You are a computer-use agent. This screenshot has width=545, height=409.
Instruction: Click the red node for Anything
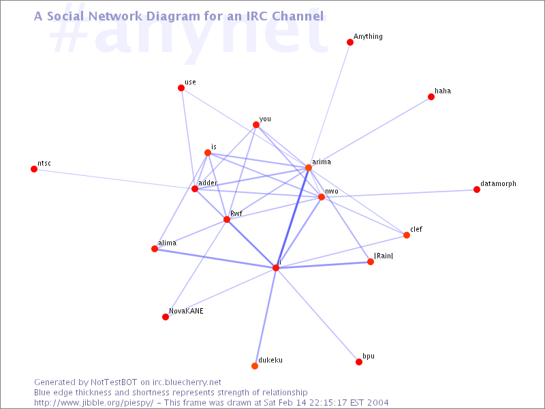350,42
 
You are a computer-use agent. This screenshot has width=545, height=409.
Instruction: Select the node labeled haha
431,97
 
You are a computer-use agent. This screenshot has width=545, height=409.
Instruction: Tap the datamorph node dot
476,190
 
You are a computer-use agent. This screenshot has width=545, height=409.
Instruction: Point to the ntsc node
33,169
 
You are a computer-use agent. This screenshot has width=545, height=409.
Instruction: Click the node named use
181,88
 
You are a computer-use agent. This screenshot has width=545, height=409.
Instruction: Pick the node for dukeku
254,366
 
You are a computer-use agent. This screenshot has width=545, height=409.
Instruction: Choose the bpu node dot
359,362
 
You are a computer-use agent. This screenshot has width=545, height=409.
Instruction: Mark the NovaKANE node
166,317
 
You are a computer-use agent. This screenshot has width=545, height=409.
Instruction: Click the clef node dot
406,235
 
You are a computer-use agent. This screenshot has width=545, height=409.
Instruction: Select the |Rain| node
371,262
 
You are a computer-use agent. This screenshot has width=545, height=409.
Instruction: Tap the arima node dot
309,168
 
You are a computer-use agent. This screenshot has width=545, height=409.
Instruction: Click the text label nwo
332,192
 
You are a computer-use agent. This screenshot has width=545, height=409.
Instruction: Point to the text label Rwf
236,213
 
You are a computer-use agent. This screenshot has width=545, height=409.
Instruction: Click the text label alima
167,243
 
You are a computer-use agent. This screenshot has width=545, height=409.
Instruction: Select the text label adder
208,183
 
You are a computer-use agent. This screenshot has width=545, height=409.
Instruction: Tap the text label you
265,119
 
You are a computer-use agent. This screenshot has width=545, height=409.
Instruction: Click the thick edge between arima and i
292,217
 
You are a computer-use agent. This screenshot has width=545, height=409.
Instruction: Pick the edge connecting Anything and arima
329,105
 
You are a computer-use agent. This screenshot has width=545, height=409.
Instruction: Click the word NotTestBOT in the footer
114,382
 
